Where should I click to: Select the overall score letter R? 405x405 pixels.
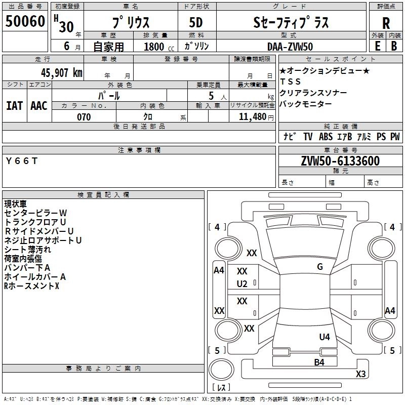point(386,23)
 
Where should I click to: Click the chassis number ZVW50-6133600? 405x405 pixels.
point(340,161)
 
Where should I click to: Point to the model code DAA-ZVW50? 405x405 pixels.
point(290,46)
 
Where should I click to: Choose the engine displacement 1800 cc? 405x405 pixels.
point(155,47)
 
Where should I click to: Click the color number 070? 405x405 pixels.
point(84,117)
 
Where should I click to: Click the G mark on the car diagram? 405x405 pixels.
point(319,267)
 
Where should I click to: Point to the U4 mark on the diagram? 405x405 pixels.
point(325,337)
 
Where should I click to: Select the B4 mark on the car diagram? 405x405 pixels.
point(319,362)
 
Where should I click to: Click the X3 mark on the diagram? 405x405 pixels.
point(360,374)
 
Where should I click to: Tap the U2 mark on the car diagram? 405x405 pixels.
point(242,283)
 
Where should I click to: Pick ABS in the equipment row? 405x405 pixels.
point(326,136)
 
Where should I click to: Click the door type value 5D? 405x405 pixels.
point(196,23)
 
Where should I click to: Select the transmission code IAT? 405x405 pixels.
point(14,106)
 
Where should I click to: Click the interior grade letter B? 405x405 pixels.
point(394,46)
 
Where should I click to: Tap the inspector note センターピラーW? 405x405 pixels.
point(35,213)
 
